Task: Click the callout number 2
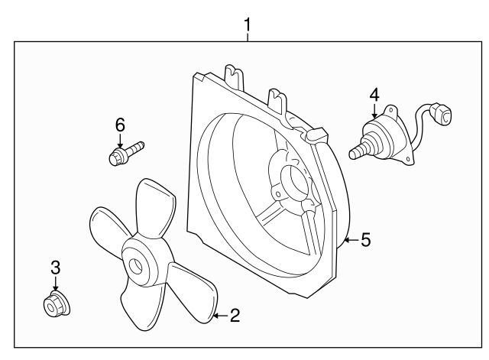pos(235,314)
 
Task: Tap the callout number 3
pos(55,268)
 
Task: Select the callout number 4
pos(374,95)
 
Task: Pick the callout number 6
pos(119,125)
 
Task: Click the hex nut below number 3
pos(54,306)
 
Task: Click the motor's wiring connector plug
pos(442,117)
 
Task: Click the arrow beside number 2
pos(219,314)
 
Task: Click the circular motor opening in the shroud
pos(292,182)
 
